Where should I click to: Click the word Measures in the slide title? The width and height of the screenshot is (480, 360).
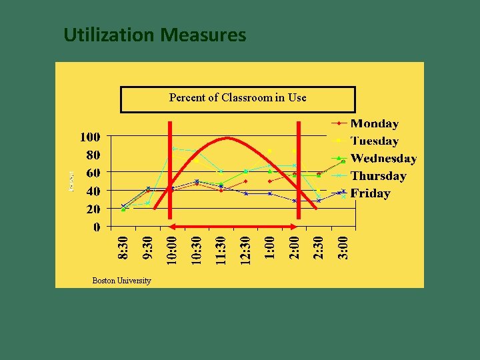(x=203, y=35)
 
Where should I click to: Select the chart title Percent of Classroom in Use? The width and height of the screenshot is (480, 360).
(x=237, y=98)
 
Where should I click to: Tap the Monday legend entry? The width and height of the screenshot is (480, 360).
(x=374, y=123)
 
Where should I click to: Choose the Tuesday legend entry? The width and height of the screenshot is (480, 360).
(x=374, y=141)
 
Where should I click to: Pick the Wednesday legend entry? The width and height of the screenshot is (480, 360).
(x=383, y=158)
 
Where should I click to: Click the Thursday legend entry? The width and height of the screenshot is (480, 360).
(x=378, y=176)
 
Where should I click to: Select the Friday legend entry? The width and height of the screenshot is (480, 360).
(x=370, y=193)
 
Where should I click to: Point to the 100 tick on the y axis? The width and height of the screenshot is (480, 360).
(x=90, y=137)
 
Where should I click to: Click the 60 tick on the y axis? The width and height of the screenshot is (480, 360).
(x=93, y=173)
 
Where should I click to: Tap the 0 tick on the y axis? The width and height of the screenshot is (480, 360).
(x=97, y=227)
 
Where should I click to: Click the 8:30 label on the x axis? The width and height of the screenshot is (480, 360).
(x=123, y=247)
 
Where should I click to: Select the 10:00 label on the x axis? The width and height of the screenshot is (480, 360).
(x=172, y=247)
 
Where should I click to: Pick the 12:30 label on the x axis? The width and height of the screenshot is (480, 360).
(x=245, y=247)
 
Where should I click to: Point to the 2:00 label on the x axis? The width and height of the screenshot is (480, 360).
(x=295, y=247)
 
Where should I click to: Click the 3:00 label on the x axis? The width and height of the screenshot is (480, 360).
(x=343, y=247)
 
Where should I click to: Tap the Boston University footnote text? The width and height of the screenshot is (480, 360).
(x=121, y=281)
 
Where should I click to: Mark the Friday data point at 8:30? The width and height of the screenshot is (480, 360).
(x=123, y=206)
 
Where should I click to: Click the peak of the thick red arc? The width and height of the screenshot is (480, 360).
(x=227, y=138)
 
